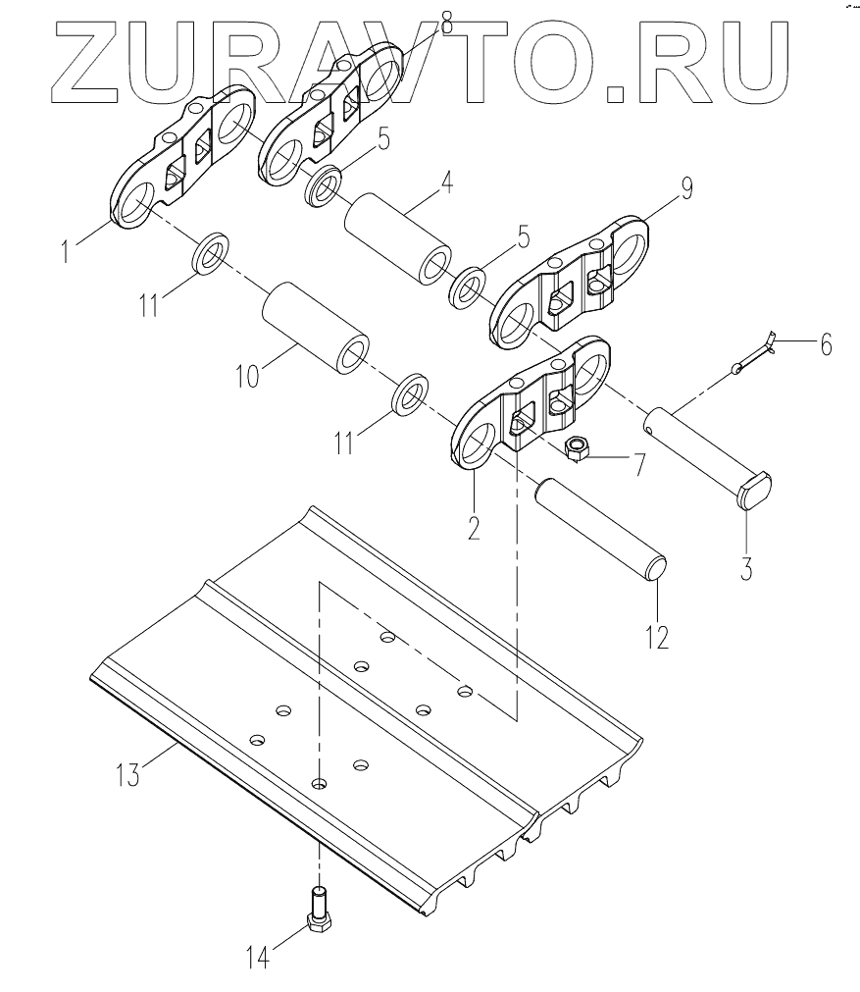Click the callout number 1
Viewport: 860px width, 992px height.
[66, 252]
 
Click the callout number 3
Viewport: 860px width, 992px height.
[745, 568]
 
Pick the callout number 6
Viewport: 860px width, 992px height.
[825, 344]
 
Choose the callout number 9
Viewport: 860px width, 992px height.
[685, 189]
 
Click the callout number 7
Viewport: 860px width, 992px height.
[637, 462]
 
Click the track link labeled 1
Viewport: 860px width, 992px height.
[181, 162]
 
